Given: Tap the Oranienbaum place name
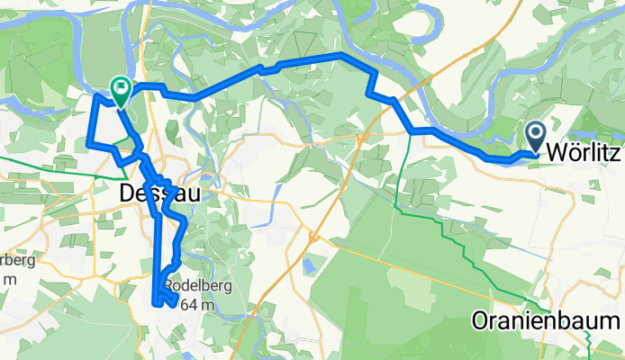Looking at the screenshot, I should pyautogui.click(x=547, y=322).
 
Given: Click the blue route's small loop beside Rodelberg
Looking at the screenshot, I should pyautogui.click(x=165, y=293).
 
